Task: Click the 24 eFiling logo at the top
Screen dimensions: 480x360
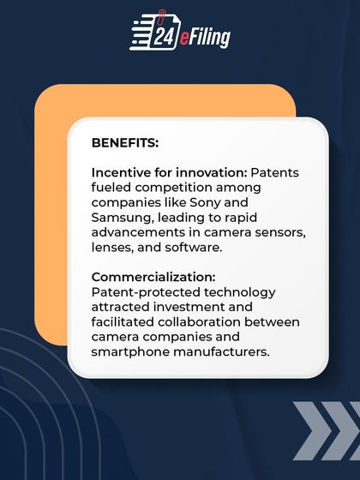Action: point(180,33)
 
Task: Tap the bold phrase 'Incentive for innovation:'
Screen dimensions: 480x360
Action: point(163,172)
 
